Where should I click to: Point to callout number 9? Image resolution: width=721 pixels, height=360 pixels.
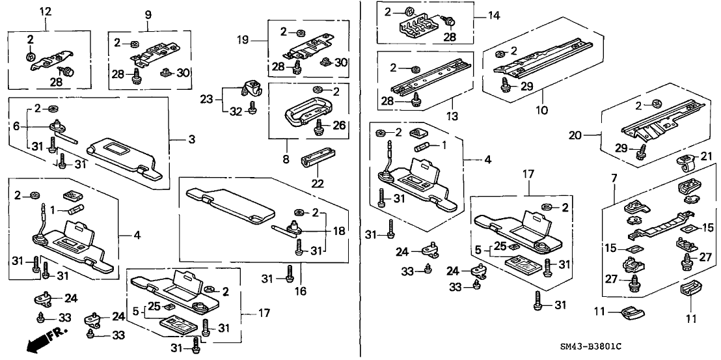[148, 13]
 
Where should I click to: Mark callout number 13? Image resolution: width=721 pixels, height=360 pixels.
[451, 117]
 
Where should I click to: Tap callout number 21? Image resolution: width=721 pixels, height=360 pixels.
[704, 156]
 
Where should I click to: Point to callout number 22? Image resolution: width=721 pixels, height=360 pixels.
[318, 184]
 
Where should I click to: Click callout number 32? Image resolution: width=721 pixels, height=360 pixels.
[234, 111]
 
